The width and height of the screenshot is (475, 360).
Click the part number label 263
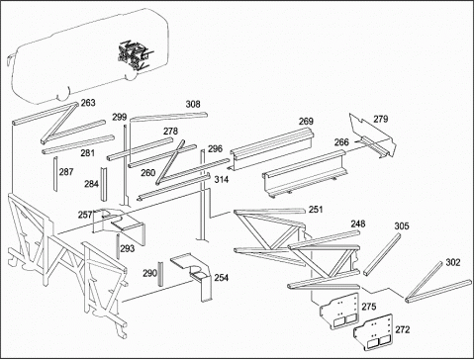pos(88,103)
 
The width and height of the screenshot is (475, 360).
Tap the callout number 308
pos(193,105)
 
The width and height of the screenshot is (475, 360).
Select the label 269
pos(306,122)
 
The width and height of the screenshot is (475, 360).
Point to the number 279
pos(381,119)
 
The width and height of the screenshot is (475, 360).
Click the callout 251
pos(316,210)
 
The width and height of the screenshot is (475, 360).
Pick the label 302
pos(452,262)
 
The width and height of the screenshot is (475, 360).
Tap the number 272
pos(403,329)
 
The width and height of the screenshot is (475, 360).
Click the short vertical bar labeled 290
pos(160,274)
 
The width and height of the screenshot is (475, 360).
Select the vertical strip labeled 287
pos(55,174)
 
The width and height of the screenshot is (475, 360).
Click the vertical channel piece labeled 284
pos(104,184)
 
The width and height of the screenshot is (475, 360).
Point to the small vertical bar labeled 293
pos(118,247)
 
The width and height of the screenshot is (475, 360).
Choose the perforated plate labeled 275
pos(338,311)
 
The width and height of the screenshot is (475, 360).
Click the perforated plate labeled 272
pos(373,332)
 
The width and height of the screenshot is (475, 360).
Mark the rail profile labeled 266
pos(306,174)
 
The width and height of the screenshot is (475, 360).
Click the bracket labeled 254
pos(194,275)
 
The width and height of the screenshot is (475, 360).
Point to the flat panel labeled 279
pos(373,135)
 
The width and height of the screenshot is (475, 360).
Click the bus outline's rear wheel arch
pos(131,76)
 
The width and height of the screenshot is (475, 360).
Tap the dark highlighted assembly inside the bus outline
pos(135,54)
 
